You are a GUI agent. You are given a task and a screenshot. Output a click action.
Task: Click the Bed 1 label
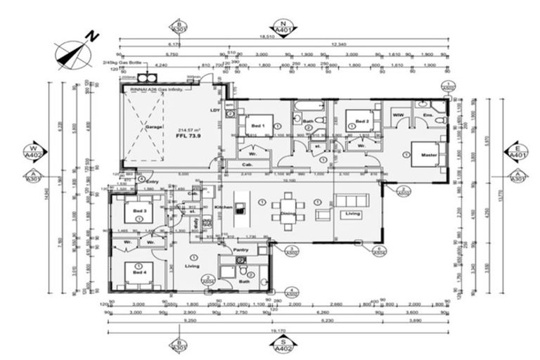pyautogui.click(x=258, y=125)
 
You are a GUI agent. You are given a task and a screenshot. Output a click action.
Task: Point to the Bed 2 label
pyautogui.click(x=361, y=122)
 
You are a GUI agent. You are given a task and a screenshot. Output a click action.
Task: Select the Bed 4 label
pyautogui.click(x=139, y=271)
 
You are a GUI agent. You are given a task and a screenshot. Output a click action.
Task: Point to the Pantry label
pyautogui.click(x=232, y=250)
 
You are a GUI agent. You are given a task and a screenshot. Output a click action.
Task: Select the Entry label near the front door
pyautogui.click(x=152, y=181)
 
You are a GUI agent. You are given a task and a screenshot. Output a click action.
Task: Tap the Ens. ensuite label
pyautogui.click(x=427, y=114)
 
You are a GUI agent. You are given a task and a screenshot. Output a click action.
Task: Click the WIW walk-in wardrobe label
pyautogui.click(x=397, y=114)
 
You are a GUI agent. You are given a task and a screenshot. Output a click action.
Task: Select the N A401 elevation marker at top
pyautogui.click(x=283, y=27)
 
